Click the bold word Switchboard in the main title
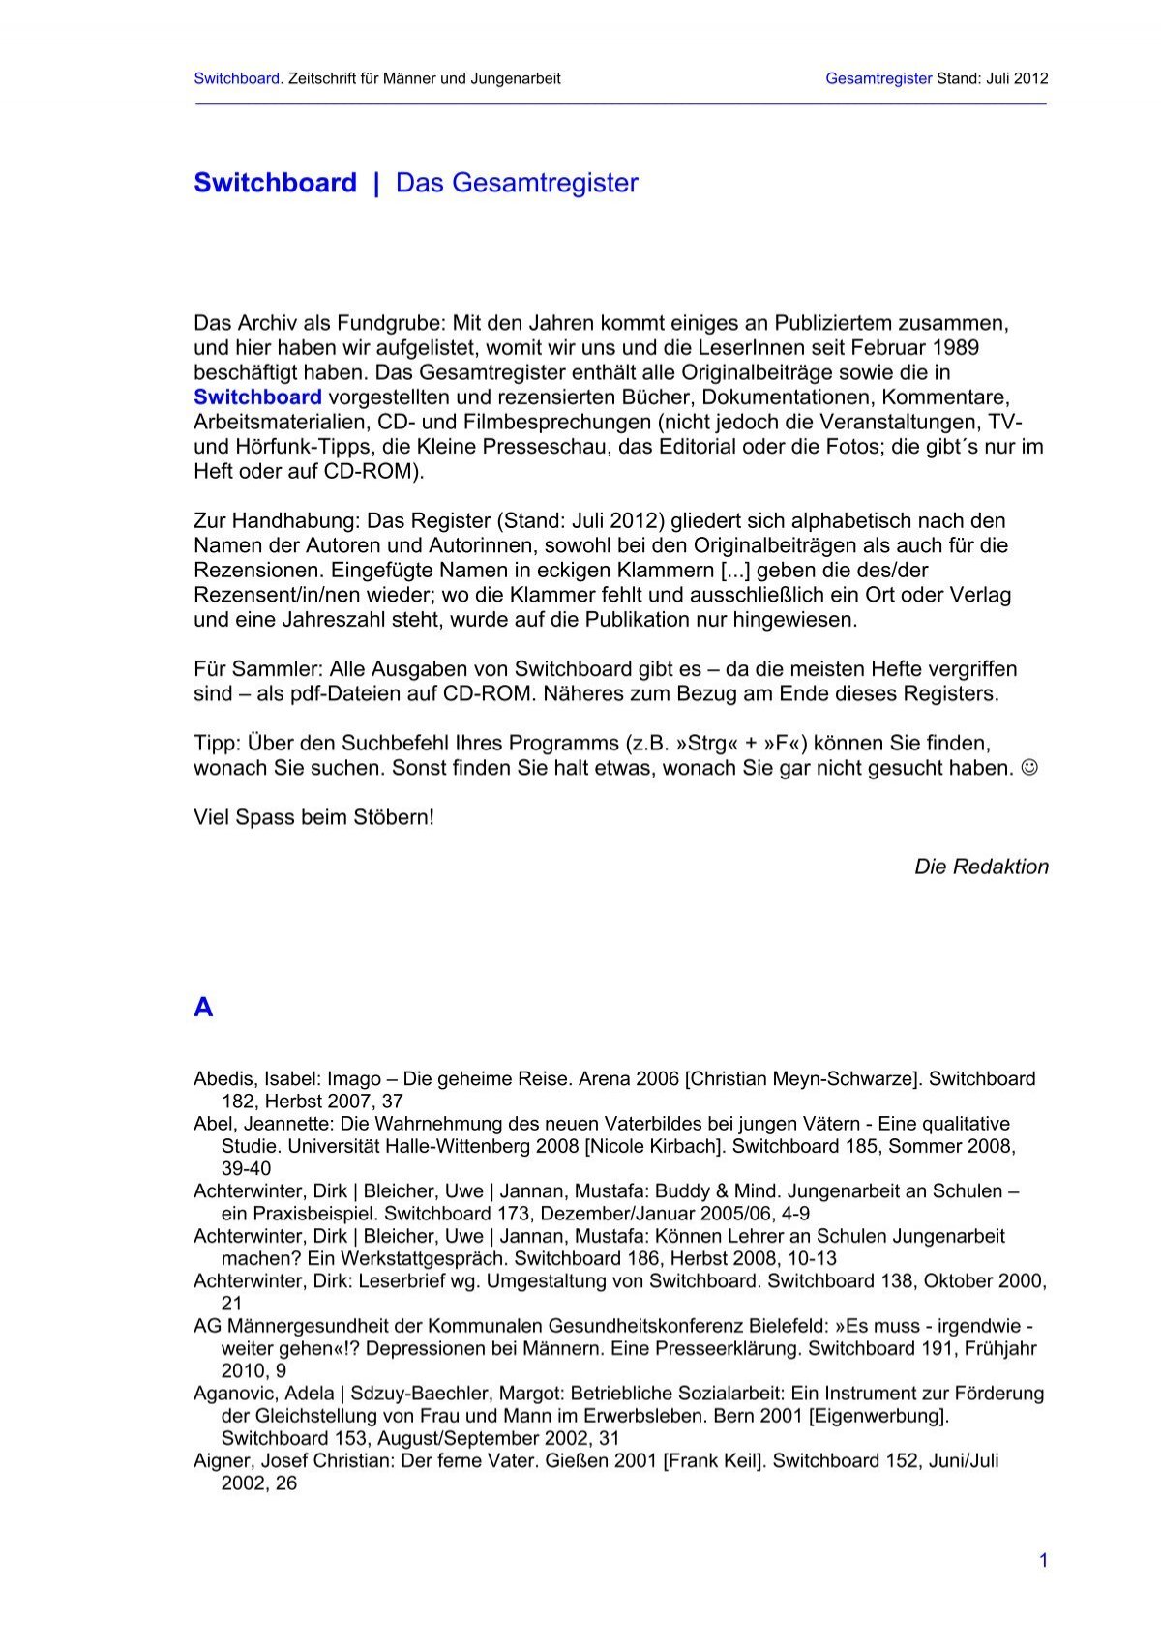click(275, 183)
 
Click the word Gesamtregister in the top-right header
click(878, 78)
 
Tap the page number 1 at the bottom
click(1043, 1560)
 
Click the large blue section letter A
click(203, 1008)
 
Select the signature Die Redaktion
click(981, 867)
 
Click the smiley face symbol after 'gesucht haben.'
click(1030, 768)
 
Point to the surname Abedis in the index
click(222, 1078)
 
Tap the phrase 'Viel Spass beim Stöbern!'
click(313, 817)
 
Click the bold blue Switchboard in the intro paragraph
click(257, 397)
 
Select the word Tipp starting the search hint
click(216, 744)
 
